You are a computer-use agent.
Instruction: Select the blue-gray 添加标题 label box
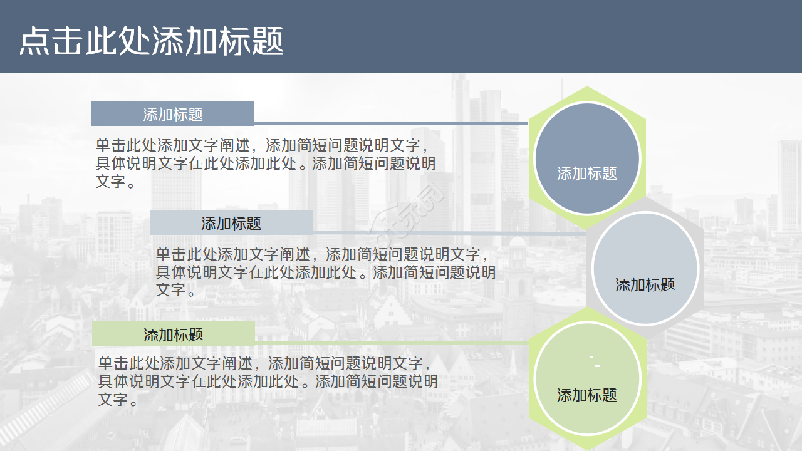pos(172,114)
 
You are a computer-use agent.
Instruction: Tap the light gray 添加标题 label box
pos(231,223)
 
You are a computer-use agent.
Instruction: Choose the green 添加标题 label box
pos(174,334)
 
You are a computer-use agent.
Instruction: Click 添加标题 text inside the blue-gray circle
pos(587,174)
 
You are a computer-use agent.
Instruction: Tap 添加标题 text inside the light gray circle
pos(645,285)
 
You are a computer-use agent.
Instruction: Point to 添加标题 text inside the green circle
pos(587,395)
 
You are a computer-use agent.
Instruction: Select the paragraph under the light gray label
pos(325,272)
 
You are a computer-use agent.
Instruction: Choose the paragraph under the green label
pos(268,381)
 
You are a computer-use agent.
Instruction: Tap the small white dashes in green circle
pos(595,361)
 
